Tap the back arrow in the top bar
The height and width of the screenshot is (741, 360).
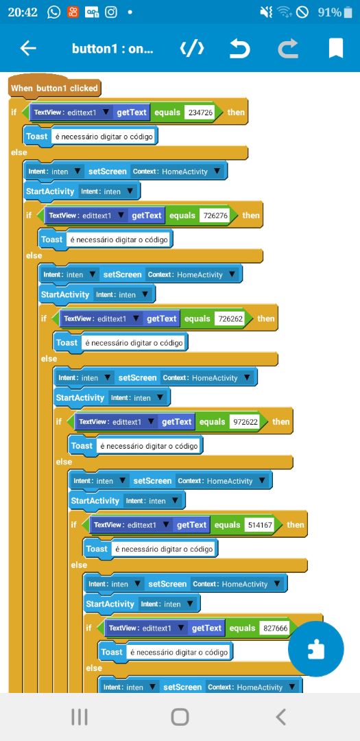pyautogui.click(x=28, y=48)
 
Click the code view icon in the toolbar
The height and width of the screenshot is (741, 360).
pyautogui.click(x=192, y=48)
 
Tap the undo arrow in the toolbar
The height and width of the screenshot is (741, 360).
pyautogui.click(x=240, y=48)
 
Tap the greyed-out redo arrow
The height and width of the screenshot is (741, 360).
pyautogui.click(x=288, y=48)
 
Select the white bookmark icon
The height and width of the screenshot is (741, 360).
pyautogui.click(x=335, y=48)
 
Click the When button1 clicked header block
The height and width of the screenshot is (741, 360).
pyautogui.click(x=54, y=88)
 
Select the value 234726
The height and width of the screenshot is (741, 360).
pyautogui.click(x=201, y=113)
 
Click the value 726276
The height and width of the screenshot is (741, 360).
pyautogui.click(x=215, y=215)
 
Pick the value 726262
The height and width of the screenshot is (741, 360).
pyautogui.click(x=230, y=318)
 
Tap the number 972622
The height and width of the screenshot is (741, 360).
pyautogui.click(x=245, y=421)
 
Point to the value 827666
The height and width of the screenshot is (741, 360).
pyautogui.click(x=276, y=628)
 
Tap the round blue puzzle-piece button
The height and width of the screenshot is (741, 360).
pyautogui.click(x=315, y=649)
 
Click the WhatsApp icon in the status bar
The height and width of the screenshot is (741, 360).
pyautogui.click(x=54, y=12)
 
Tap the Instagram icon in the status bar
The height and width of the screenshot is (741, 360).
pyautogui.click(x=110, y=12)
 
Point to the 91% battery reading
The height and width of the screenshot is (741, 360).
pyautogui.click(x=330, y=12)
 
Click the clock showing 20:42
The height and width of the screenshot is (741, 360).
pyautogui.click(x=23, y=12)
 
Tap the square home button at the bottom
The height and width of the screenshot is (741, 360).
pyautogui.click(x=180, y=717)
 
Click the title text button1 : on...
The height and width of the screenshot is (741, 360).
pyautogui.click(x=112, y=48)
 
